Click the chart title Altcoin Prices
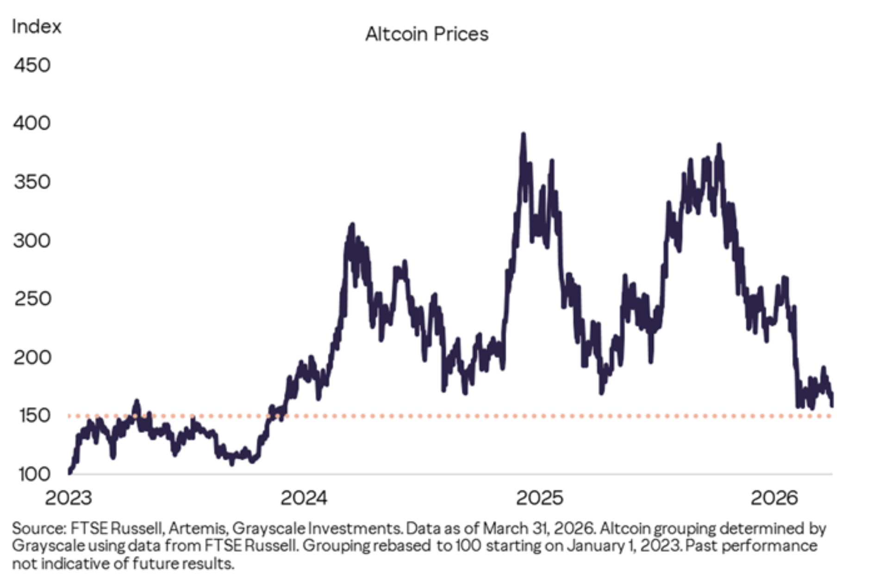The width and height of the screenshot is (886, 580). coord(426,34)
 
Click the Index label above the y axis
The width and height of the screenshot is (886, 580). coord(36,26)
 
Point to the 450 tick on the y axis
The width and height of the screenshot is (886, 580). coord(32,65)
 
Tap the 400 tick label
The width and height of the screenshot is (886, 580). coord(32,123)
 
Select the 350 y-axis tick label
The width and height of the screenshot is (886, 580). coord(32,182)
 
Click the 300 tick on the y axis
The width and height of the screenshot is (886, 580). coord(32,241)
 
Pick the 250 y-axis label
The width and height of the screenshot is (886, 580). coord(32,299)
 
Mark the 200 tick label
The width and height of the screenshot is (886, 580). coord(32,358)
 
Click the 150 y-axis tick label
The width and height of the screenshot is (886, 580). coord(34,415)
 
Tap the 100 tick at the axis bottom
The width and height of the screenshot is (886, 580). coord(34,474)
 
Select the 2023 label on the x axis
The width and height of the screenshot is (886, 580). coord(68,498)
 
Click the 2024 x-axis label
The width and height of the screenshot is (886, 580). coord(304,498)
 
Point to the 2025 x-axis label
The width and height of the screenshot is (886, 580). coord(539,498)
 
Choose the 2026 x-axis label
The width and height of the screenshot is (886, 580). coord(774,498)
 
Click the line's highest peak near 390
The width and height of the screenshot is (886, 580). coord(524,135)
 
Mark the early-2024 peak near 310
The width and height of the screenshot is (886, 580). coord(352,225)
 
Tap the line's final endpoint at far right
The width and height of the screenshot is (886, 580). coord(832,405)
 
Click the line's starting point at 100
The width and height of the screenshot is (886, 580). coord(70,472)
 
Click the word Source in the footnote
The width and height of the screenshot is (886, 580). coord(38,529)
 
